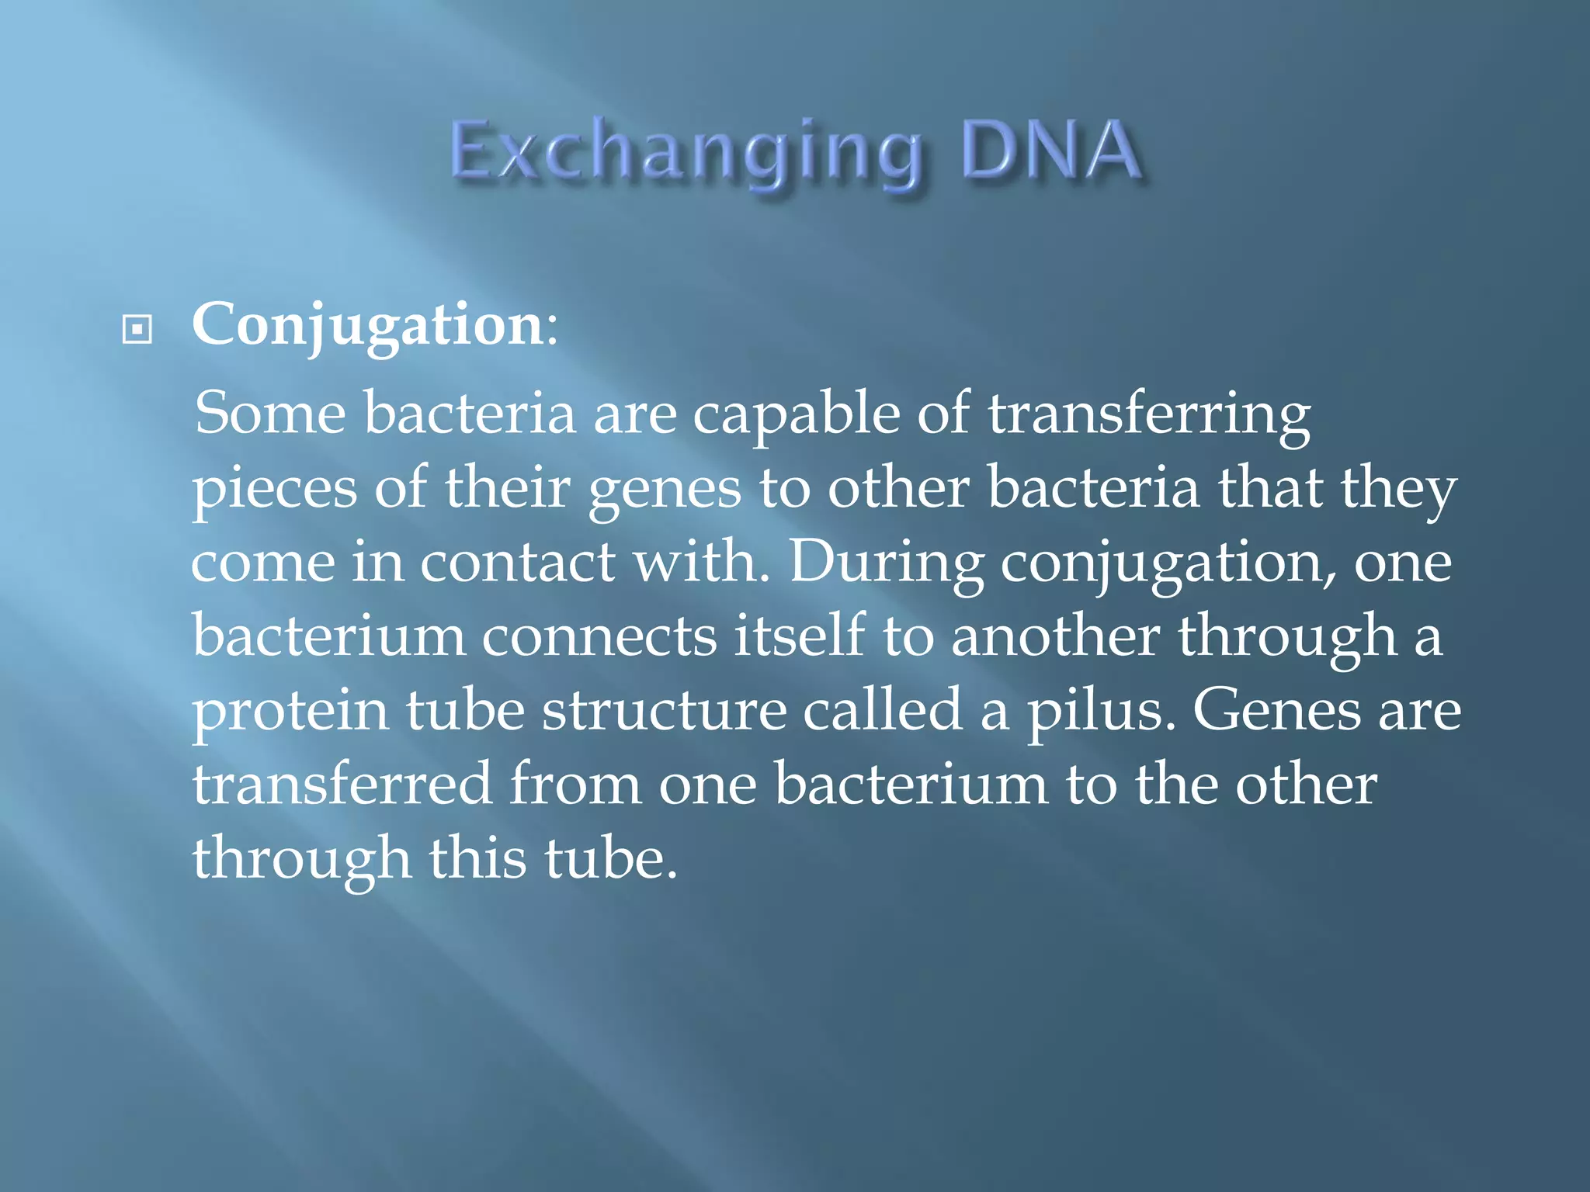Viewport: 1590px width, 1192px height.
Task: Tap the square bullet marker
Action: [137, 330]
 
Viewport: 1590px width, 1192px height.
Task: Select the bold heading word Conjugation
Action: [367, 325]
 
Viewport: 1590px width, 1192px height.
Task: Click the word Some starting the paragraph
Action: [269, 414]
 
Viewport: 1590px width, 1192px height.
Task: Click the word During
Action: [886, 563]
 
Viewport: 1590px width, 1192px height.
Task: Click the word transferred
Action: [342, 785]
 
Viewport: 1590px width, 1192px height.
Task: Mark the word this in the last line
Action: [477, 859]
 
